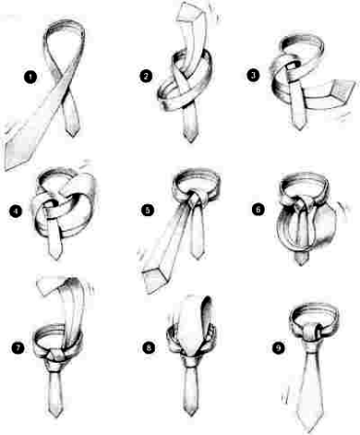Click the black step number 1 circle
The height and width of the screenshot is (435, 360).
[x=30, y=77]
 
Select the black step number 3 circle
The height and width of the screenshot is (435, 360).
[x=253, y=76]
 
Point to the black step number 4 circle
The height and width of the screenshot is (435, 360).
[x=16, y=212]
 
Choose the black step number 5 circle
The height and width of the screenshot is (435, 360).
[x=148, y=210]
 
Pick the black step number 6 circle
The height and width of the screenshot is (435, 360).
[x=258, y=209]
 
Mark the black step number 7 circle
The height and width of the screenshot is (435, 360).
[x=18, y=348]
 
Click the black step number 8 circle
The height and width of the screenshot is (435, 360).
[x=149, y=348]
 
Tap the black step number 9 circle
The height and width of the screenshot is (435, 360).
[x=278, y=347]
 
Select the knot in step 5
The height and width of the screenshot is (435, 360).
[x=197, y=198]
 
